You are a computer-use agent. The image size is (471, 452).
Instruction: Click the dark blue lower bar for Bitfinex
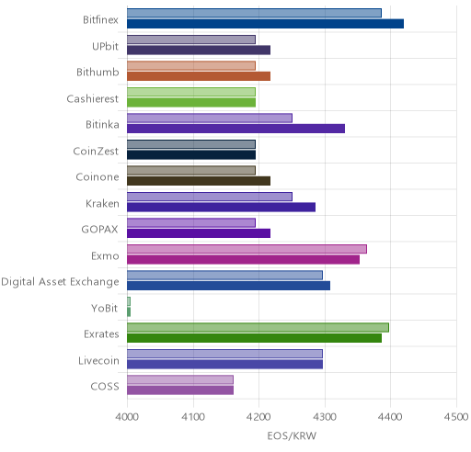pyautogui.click(x=265, y=24)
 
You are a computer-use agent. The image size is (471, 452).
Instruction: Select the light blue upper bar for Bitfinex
pyautogui.click(x=254, y=13)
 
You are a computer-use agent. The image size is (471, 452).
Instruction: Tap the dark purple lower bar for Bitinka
pyautogui.click(x=235, y=129)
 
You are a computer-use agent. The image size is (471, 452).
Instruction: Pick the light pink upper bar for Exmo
pyautogui.click(x=247, y=249)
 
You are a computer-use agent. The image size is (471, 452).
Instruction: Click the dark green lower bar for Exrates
pyautogui.click(x=254, y=338)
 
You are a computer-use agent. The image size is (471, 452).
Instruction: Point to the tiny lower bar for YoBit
pyautogui.click(x=129, y=312)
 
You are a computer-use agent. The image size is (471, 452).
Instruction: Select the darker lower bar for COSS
pyautogui.click(x=180, y=390)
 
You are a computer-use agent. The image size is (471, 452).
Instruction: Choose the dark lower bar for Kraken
pyautogui.click(x=221, y=208)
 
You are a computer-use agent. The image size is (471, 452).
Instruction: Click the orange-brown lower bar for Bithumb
pyautogui.click(x=199, y=76)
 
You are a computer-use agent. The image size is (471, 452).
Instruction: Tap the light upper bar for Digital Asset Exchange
pyautogui.click(x=224, y=275)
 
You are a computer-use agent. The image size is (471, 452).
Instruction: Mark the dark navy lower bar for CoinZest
pyautogui.click(x=191, y=155)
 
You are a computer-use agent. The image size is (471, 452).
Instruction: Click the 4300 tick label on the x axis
pyautogui.click(x=325, y=417)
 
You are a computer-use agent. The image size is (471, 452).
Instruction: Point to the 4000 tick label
pyautogui.click(x=127, y=417)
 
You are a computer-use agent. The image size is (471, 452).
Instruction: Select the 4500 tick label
pyautogui.click(x=456, y=417)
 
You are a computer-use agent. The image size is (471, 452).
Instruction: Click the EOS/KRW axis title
pyautogui.click(x=292, y=435)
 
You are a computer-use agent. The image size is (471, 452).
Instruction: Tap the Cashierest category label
pyautogui.click(x=93, y=98)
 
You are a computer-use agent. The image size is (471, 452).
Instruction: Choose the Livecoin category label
pyautogui.click(x=98, y=360)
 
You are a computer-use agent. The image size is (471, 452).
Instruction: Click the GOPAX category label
pyautogui.click(x=99, y=230)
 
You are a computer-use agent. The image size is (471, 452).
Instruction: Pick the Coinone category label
pyautogui.click(x=98, y=177)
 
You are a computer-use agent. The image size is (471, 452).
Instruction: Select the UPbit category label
pyautogui.click(x=105, y=46)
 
